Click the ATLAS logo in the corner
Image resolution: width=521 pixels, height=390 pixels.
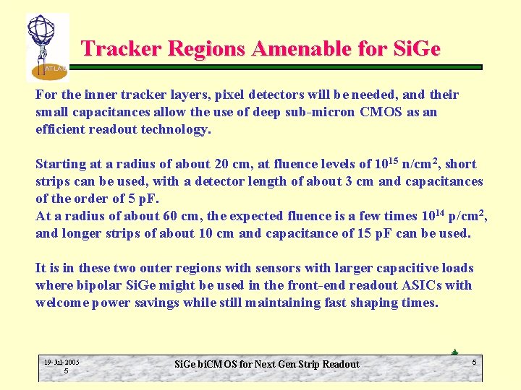[x=47, y=47]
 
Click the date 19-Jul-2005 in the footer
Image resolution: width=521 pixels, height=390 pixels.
[x=62, y=362]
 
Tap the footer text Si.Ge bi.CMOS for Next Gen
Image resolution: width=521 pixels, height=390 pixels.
[x=266, y=364]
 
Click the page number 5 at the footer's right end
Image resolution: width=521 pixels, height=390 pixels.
[x=474, y=361]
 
